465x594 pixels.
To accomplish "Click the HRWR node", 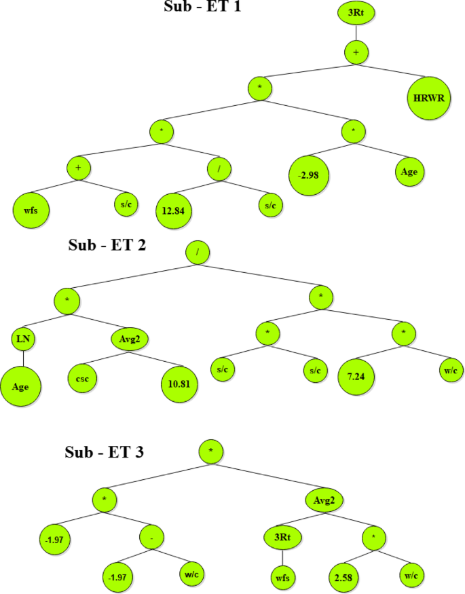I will coord(428,98).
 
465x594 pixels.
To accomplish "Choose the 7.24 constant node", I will coord(357,375).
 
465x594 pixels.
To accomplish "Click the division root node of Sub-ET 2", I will coord(198,252).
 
